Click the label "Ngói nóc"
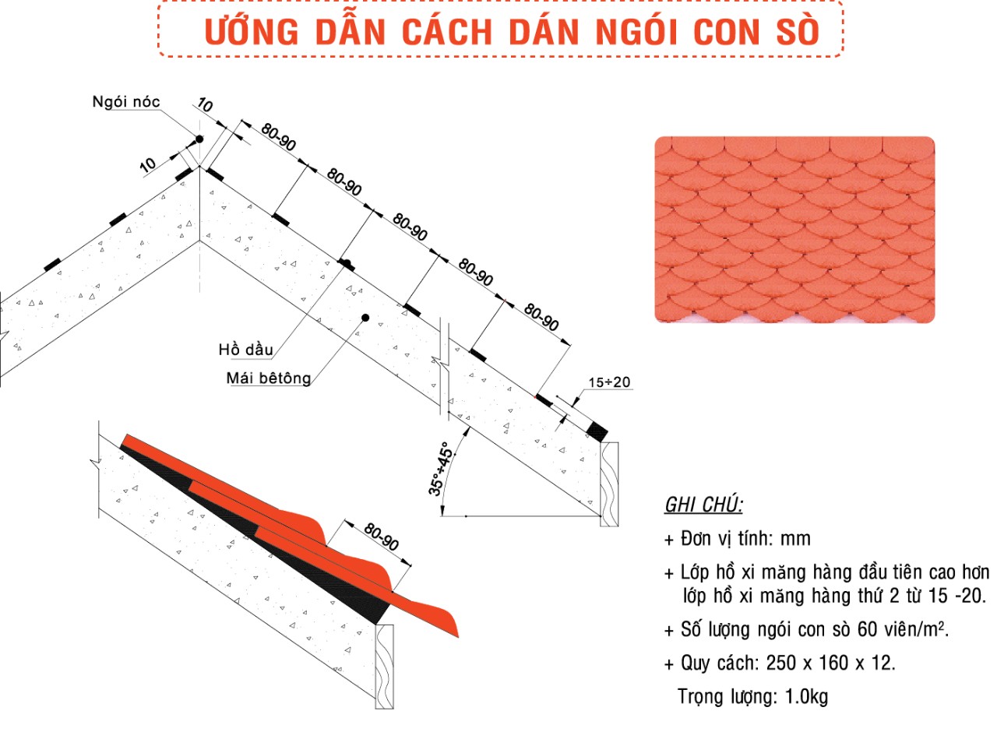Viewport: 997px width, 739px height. (x=126, y=102)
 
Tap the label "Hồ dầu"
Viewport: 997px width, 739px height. (x=246, y=350)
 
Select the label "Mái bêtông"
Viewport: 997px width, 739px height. (x=269, y=378)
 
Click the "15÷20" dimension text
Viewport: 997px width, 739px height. (x=609, y=382)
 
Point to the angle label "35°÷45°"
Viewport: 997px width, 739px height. (x=440, y=469)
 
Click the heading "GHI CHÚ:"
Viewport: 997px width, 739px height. (x=703, y=505)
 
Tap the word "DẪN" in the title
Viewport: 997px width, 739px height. (x=351, y=31)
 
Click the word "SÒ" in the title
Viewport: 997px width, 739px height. (x=797, y=31)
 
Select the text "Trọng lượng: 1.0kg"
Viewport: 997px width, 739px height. (x=752, y=696)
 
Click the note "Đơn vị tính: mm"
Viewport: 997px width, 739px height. (x=745, y=539)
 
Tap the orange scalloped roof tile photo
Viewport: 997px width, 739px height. (x=794, y=229)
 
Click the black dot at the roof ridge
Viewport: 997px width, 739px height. (x=199, y=139)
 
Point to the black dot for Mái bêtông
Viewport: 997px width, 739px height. (x=365, y=318)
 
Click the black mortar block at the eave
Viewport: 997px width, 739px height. (x=597, y=431)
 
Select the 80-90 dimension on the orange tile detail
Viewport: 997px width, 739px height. (x=381, y=537)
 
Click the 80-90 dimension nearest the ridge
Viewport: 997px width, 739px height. (x=278, y=137)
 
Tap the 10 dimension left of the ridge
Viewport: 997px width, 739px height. (x=147, y=165)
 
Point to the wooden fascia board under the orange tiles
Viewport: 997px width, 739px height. (x=384, y=667)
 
